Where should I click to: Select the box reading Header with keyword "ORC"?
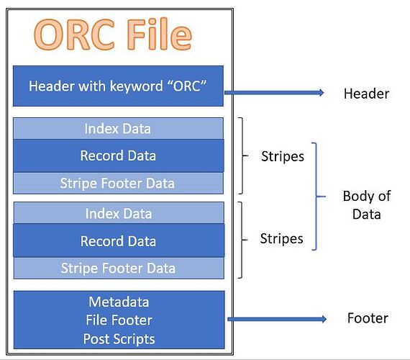click(x=118, y=86)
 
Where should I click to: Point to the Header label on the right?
click(x=366, y=94)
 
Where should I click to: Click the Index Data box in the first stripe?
click(x=118, y=129)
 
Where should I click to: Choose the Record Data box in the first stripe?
click(x=118, y=156)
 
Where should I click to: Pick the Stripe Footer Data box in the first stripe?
click(x=118, y=183)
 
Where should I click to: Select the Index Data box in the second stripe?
click(x=118, y=213)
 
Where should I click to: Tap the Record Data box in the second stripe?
click(x=118, y=240)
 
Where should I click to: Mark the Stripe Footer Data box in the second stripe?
click(x=118, y=269)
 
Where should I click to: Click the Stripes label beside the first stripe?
click(x=281, y=156)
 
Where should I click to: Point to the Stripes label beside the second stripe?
click(x=281, y=238)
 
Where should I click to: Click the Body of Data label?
click(x=366, y=204)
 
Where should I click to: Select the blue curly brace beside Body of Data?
click(x=315, y=196)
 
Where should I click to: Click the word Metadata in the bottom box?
click(x=118, y=302)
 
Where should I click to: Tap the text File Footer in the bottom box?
click(x=118, y=320)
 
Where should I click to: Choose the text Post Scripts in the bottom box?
click(x=118, y=338)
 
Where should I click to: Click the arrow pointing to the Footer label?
click(x=276, y=319)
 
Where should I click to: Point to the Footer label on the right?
click(x=367, y=318)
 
